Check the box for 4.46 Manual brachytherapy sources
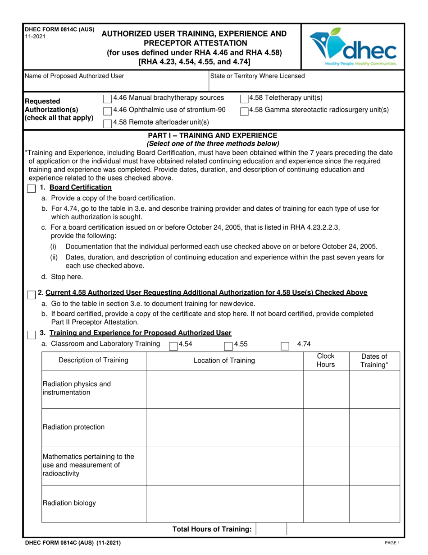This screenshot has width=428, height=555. [x=108, y=98]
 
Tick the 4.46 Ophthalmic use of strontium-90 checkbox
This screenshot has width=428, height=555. [x=108, y=111]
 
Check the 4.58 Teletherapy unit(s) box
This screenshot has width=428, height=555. [x=244, y=98]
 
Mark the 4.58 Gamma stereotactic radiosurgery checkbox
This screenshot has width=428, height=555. [x=244, y=111]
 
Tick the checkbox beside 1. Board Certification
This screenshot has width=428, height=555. [x=31, y=188]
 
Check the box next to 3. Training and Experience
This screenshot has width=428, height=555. [x=31, y=334]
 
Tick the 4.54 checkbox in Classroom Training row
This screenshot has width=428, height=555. [x=173, y=346]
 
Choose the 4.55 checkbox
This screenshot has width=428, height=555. [x=229, y=346]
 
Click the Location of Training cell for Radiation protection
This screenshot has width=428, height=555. [x=224, y=427]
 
